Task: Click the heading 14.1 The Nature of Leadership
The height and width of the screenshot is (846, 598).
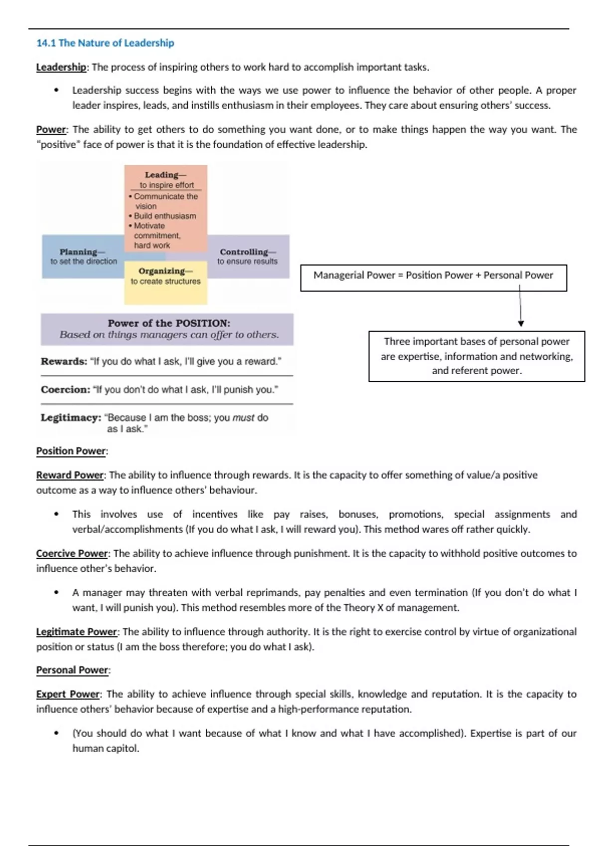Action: [105, 43]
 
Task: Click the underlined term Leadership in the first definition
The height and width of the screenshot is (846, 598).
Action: [61, 67]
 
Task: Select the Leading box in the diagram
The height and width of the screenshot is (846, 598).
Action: [165, 208]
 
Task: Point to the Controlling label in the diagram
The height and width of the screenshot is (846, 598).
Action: [247, 252]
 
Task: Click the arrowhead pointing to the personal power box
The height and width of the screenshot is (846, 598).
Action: [521, 323]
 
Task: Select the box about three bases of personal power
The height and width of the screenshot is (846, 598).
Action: [476, 356]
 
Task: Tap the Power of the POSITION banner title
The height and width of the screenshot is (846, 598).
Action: [169, 323]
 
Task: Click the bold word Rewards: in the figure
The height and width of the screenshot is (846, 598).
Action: [64, 361]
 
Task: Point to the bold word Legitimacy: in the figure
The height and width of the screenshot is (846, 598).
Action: [71, 418]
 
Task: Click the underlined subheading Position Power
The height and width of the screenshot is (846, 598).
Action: [71, 451]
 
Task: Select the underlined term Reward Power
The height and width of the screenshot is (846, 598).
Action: [70, 475]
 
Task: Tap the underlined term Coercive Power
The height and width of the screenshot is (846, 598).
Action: [72, 553]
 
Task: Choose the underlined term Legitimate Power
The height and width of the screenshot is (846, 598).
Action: [76, 632]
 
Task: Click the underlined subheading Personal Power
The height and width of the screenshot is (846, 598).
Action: [72, 670]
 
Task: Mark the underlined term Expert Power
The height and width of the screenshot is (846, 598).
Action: [68, 694]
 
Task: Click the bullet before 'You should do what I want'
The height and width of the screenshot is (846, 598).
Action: [56, 734]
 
